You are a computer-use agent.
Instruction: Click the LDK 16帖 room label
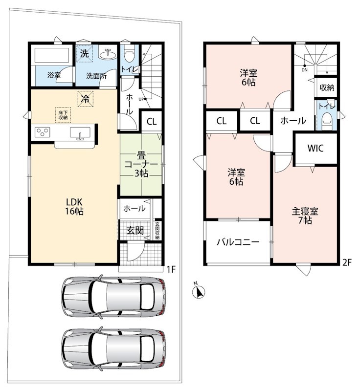pyautogui.click(x=74, y=206)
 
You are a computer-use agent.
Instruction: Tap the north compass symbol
pyautogui.click(x=199, y=291)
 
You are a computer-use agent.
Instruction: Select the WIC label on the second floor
pyautogui.click(x=315, y=148)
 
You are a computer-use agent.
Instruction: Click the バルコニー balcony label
pyautogui.click(x=238, y=242)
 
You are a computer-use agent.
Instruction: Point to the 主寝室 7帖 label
pyautogui.click(x=305, y=216)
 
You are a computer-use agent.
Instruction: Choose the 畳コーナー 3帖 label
pyautogui.click(x=141, y=165)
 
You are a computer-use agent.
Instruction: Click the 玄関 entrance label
pyautogui.click(x=135, y=230)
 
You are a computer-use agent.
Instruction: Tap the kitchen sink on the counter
pyautogui.click(x=80, y=132)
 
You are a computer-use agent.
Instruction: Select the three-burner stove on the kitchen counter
pyautogui.click(x=43, y=132)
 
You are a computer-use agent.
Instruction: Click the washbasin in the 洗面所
pyautogui.click(x=108, y=52)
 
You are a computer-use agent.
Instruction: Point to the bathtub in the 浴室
pyautogui.click(x=52, y=55)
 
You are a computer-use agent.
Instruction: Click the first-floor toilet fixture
pyautogui.click(x=129, y=55)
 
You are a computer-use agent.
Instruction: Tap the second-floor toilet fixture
pyautogui.click(x=327, y=121)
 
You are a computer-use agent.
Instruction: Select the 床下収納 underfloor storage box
pyautogui.click(x=63, y=115)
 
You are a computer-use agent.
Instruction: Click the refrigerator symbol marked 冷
pyautogui.click(x=85, y=99)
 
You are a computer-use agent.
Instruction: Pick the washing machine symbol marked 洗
pyautogui.click(x=85, y=53)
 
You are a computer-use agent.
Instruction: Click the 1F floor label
pyautogui.click(x=171, y=269)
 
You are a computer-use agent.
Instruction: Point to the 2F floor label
pyautogui.click(x=346, y=262)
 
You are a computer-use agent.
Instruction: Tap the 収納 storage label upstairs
pyautogui.click(x=327, y=87)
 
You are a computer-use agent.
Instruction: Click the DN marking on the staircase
pyautogui.click(x=305, y=70)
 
